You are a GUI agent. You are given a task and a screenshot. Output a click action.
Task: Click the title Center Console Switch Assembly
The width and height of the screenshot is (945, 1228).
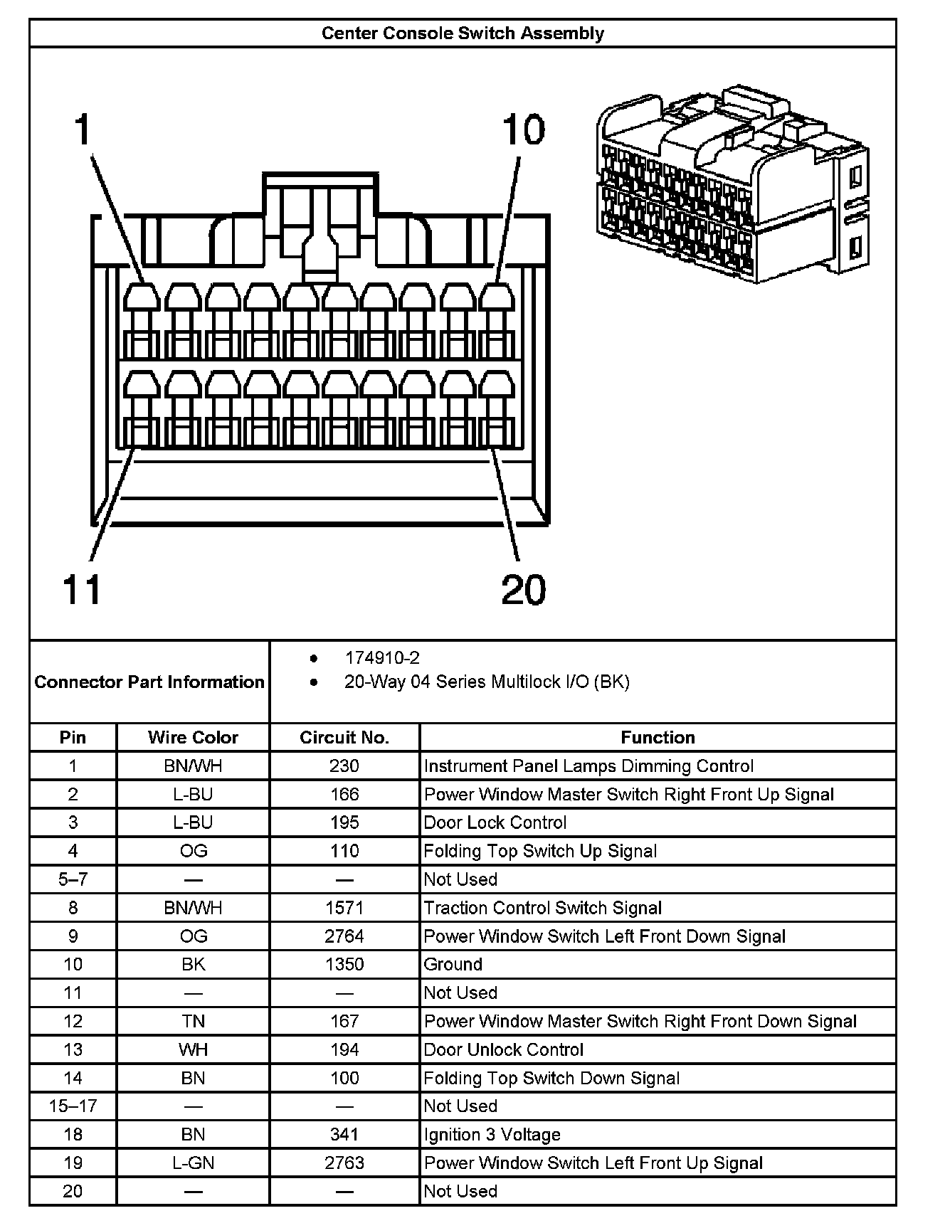coord(463,33)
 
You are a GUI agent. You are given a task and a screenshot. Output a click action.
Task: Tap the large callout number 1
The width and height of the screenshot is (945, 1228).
coord(83,130)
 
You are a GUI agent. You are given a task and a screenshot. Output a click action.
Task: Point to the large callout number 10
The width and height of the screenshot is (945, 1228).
coord(523,130)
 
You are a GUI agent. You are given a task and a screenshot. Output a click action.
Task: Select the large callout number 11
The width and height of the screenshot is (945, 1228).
coord(82,589)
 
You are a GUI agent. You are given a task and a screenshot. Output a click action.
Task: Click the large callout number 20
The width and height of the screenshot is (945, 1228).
coord(523,589)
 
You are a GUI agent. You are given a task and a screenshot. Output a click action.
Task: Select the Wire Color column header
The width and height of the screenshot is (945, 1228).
coord(193,737)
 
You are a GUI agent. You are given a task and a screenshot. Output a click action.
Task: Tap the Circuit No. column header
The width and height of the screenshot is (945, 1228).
coord(344,737)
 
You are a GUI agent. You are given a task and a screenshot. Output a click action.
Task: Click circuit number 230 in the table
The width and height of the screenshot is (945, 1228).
coord(344,766)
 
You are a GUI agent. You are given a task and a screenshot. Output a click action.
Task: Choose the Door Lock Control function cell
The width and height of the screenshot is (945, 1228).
coord(495,822)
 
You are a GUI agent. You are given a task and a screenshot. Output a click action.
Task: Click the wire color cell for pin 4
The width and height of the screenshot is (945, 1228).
coord(193,851)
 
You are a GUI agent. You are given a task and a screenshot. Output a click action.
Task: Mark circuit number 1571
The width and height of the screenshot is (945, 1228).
coord(344,908)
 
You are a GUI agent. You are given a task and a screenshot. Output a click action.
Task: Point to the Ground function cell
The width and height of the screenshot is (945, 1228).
coord(453,964)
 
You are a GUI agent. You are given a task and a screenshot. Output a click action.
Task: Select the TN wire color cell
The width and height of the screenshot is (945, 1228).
coord(193,1021)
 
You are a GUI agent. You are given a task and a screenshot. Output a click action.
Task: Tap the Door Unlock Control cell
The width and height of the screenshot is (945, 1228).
coord(503,1049)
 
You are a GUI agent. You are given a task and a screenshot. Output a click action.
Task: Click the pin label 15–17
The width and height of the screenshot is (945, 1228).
coord(73,1106)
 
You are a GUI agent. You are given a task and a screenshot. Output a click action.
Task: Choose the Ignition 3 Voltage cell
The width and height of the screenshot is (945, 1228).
coord(492,1134)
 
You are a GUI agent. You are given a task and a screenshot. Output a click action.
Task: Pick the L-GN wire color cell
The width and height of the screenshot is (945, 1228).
coord(193,1163)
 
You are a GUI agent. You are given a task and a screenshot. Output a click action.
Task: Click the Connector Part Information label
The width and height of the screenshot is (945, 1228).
coord(149,682)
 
